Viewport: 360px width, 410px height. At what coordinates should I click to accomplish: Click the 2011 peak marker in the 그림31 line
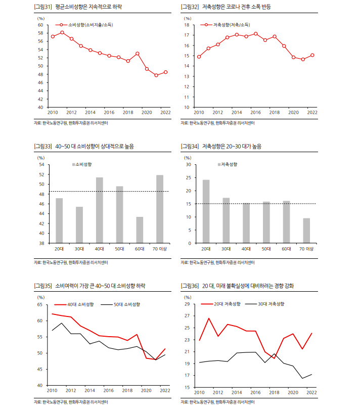point(62,32)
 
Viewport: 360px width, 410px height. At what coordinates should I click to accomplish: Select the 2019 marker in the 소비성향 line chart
point(138,54)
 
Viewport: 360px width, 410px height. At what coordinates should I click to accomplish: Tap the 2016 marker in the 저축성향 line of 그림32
point(256,34)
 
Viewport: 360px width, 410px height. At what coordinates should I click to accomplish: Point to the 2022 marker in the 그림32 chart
point(312,55)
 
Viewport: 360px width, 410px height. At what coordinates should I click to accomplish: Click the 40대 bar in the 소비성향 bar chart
point(100,210)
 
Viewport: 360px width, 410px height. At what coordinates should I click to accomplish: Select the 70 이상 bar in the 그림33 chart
point(160,209)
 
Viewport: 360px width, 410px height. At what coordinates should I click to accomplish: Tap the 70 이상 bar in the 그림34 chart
point(306,231)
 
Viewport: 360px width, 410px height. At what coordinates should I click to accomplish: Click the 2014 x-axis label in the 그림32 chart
point(236,112)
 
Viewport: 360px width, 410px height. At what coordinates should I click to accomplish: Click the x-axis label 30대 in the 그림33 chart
point(79,249)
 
